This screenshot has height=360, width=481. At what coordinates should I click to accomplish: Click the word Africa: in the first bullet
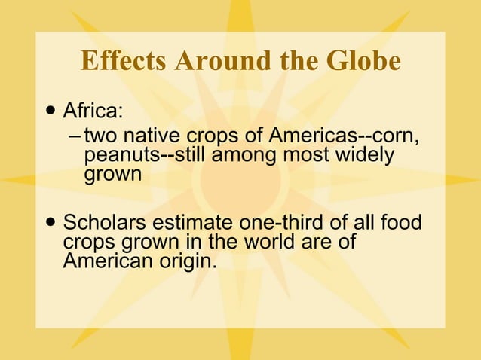point(93,112)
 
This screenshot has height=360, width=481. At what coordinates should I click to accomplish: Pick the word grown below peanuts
point(112,175)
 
